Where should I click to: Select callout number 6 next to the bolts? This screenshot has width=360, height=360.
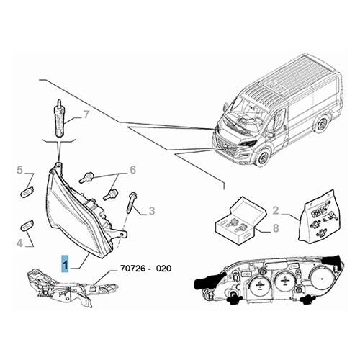pyautogui.click(x=132, y=170)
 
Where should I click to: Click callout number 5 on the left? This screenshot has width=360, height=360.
pyautogui.click(x=19, y=171)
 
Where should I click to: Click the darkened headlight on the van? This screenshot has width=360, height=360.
pyautogui.click(x=249, y=145)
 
